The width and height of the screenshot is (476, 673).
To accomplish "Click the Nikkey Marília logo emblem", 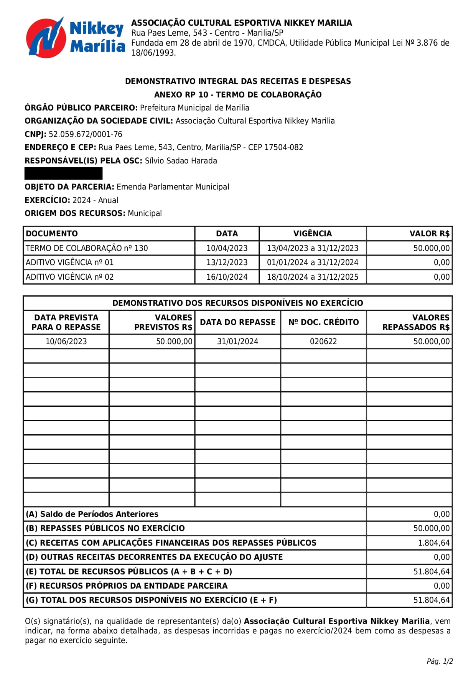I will pyautogui.click(x=45, y=38).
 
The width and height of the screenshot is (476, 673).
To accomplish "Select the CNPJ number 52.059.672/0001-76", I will pyautogui.click(x=85, y=134).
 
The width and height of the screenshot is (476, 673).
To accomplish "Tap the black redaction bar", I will pyautogui.click(x=63, y=173).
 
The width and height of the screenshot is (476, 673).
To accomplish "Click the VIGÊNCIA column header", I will pyautogui.click(x=312, y=234).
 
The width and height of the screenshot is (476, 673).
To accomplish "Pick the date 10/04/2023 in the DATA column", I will pyautogui.click(x=227, y=248).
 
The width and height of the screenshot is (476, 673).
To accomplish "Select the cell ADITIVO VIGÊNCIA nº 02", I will pyautogui.click(x=70, y=277).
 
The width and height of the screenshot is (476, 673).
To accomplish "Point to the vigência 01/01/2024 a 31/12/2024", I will pyautogui.click(x=312, y=262).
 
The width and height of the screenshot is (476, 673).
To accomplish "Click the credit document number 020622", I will pyautogui.click(x=323, y=341).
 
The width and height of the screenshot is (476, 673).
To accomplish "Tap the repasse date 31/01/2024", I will pyautogui.click(x=237, y=341).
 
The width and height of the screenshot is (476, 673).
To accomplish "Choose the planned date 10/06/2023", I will pyautogui.click(x=66, y=341).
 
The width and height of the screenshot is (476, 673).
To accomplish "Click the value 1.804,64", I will pyautogui.click(x=433, y=543).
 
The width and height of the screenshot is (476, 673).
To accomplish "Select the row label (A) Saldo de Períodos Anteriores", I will pyautogui.click(x=92, y=514).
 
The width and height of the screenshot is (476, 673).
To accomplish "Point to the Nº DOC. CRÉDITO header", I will pyautogui.click(x=323, y=322).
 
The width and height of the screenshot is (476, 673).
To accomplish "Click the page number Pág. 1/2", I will pyautogui.click(x=440, y=661).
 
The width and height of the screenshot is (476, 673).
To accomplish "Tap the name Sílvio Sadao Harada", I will pyautogui.click(x=181, y=161).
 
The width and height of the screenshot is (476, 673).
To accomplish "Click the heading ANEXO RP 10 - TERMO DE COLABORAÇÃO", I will pyautogui.click(x=238, y=95).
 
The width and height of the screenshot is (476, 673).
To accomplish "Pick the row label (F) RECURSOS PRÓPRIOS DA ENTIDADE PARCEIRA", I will pyautogui.click(x=127, y=586).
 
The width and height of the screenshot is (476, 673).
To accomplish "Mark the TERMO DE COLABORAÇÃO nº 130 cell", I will pyautogui.click(x=87, y=248).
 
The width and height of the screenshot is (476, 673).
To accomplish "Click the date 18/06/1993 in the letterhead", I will pyautogui.click(x=153, y=53).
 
